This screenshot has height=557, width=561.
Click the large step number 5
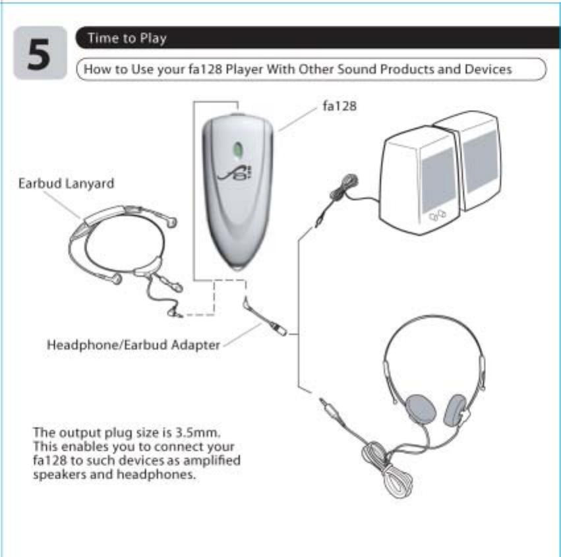40,55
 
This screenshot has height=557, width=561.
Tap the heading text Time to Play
127,38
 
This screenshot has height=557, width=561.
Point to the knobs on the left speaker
437,216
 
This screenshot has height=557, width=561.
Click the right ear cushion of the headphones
455,409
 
